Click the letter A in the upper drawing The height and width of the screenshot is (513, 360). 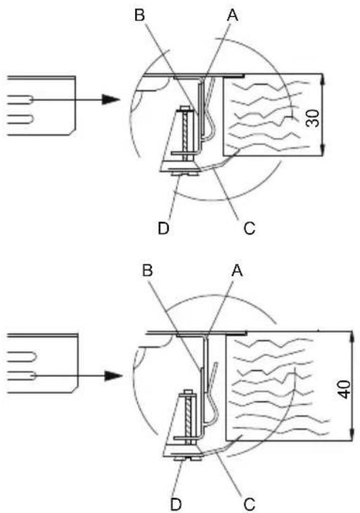click(233, 15)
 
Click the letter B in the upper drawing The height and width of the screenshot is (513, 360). click(140, 15)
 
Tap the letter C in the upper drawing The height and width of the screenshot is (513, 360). click(249, 228)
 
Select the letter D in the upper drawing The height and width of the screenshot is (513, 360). click(164, 228)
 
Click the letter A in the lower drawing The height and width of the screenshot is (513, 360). click(237, 271)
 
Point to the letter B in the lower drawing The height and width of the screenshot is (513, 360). click(148, 271)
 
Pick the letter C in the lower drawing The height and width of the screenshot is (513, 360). click(249, 504)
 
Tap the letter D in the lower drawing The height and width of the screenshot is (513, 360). click(176, 504)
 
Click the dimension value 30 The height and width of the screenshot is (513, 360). click(313, 118)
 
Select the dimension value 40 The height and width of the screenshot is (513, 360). click(344, 389)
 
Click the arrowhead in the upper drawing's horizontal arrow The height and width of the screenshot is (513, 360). click(110, 99)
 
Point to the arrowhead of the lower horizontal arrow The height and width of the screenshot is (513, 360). click(113, 376)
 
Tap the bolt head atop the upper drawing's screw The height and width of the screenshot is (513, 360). click(185, 109)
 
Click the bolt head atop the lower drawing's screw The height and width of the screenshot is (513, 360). click(188, 392)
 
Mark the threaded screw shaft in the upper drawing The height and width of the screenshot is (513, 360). click(186, 136)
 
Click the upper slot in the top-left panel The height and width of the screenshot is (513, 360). click(20, 99)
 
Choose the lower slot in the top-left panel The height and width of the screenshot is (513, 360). click(20, 119)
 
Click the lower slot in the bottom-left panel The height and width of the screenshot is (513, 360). click(21, 376)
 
